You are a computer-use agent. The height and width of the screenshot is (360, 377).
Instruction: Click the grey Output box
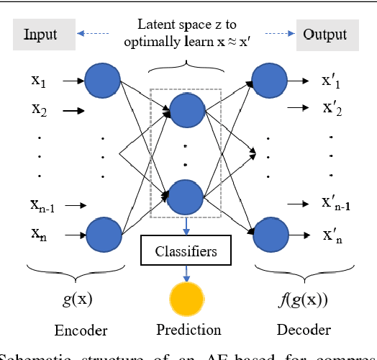pyautogui.click(x=324, y=35)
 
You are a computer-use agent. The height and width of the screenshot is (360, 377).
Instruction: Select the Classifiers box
pyautogui.click(x=188, y=253)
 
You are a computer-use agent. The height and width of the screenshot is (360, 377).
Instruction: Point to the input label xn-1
pyautogui.click(x=43, y=206)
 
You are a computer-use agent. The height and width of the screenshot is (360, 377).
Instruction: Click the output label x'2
pyautogui.click(x=333, y=110)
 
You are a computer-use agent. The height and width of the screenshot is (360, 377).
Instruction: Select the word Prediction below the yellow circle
pyautogui.click(x=188, y=331)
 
